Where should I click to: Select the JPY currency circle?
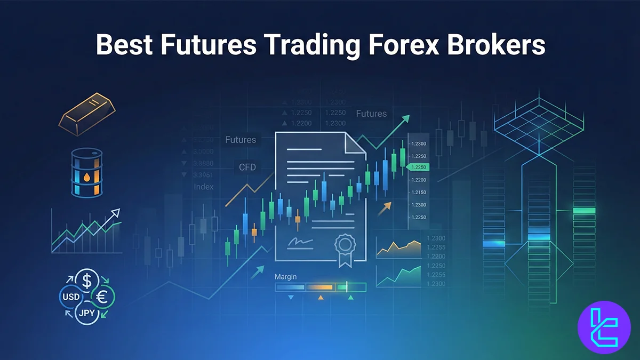point(87,313)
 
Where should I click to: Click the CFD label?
point(247,167)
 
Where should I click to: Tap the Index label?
point(204,187)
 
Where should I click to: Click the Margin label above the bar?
point(285,277)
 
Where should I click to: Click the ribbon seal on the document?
point(344,248)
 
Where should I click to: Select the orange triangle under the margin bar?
point(321,298)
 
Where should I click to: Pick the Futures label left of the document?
point(241,140)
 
